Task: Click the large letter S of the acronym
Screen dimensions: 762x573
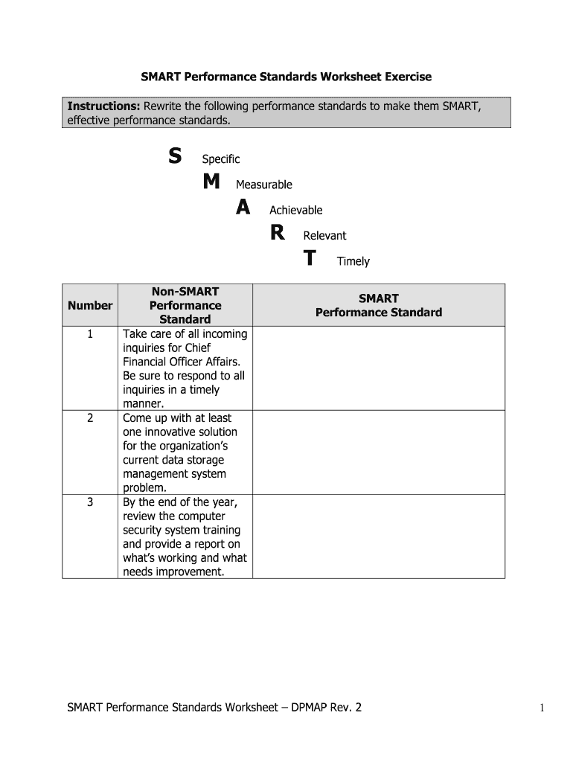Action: pyautogui.click(x=174, y=156)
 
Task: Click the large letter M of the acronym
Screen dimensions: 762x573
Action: pyautogui.click(x=211, y=182)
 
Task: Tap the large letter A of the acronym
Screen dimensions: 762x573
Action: pyautogui.click(x=243, y=208)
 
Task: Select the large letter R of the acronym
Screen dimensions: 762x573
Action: pyautogui.click(x=277, y=234)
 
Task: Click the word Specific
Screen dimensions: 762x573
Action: pyautogui.click(x=221, y=159)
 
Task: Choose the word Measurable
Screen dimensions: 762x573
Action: pyautogui.click(x=264, y=185)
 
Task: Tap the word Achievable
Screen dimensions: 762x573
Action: pyautogui.click(x=295, y=211)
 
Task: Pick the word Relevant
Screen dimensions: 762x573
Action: pyautogui.click(x=324, y=236)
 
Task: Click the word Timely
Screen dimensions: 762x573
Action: pyautogui.click(x=353, y=261)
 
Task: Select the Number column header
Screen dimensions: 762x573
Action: pyautogui.click(x=90, y=305)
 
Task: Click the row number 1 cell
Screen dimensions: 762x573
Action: pyautogui.click(x=90, y=334)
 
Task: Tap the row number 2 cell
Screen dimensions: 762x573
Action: pyautogui.click(x=90, y=418)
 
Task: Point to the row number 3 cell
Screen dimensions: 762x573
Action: pyautogui.click(x=90, y=502)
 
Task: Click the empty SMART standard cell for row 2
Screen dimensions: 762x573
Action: pyautogui.click(x=378, y=452)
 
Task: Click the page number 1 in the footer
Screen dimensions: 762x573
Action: pyautogui.click(x=543, y=708)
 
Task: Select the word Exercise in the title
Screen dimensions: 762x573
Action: pyautogui.click(x=406, y=77)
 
